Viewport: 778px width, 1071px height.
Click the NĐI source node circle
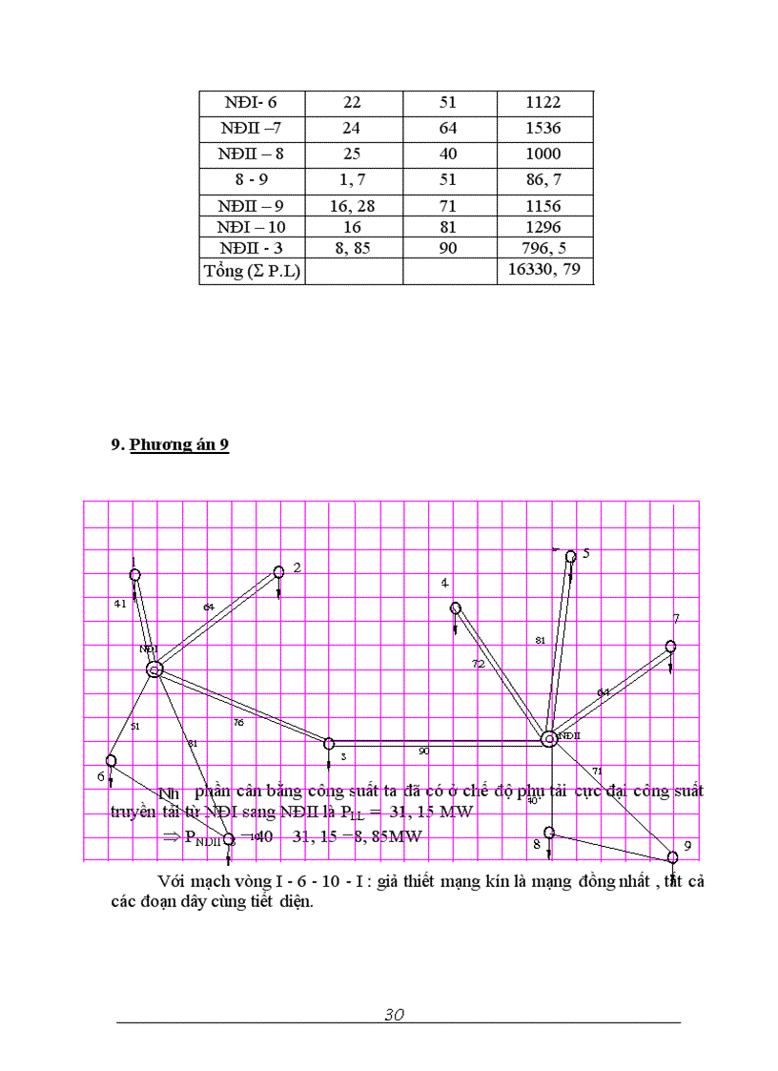154,669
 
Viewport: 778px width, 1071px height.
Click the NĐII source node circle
549,738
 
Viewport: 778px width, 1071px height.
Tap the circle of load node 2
279,571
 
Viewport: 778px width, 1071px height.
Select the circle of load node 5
571,556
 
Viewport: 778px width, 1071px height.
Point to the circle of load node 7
671,647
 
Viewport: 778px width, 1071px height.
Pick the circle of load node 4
456,608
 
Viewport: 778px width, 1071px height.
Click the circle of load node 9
673,857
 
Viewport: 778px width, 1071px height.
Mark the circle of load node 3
329,743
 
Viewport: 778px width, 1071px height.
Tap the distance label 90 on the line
424,752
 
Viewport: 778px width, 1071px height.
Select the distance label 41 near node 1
119,604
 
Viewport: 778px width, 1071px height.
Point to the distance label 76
238,723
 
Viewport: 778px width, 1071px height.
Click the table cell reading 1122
543,103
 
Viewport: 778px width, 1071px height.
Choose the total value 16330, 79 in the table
544,271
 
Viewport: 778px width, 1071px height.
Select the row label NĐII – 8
251,154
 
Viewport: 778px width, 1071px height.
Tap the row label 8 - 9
251,178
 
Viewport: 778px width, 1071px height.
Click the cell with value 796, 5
544,248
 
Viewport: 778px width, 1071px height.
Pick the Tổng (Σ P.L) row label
252,271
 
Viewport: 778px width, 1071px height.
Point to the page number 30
395,1015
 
